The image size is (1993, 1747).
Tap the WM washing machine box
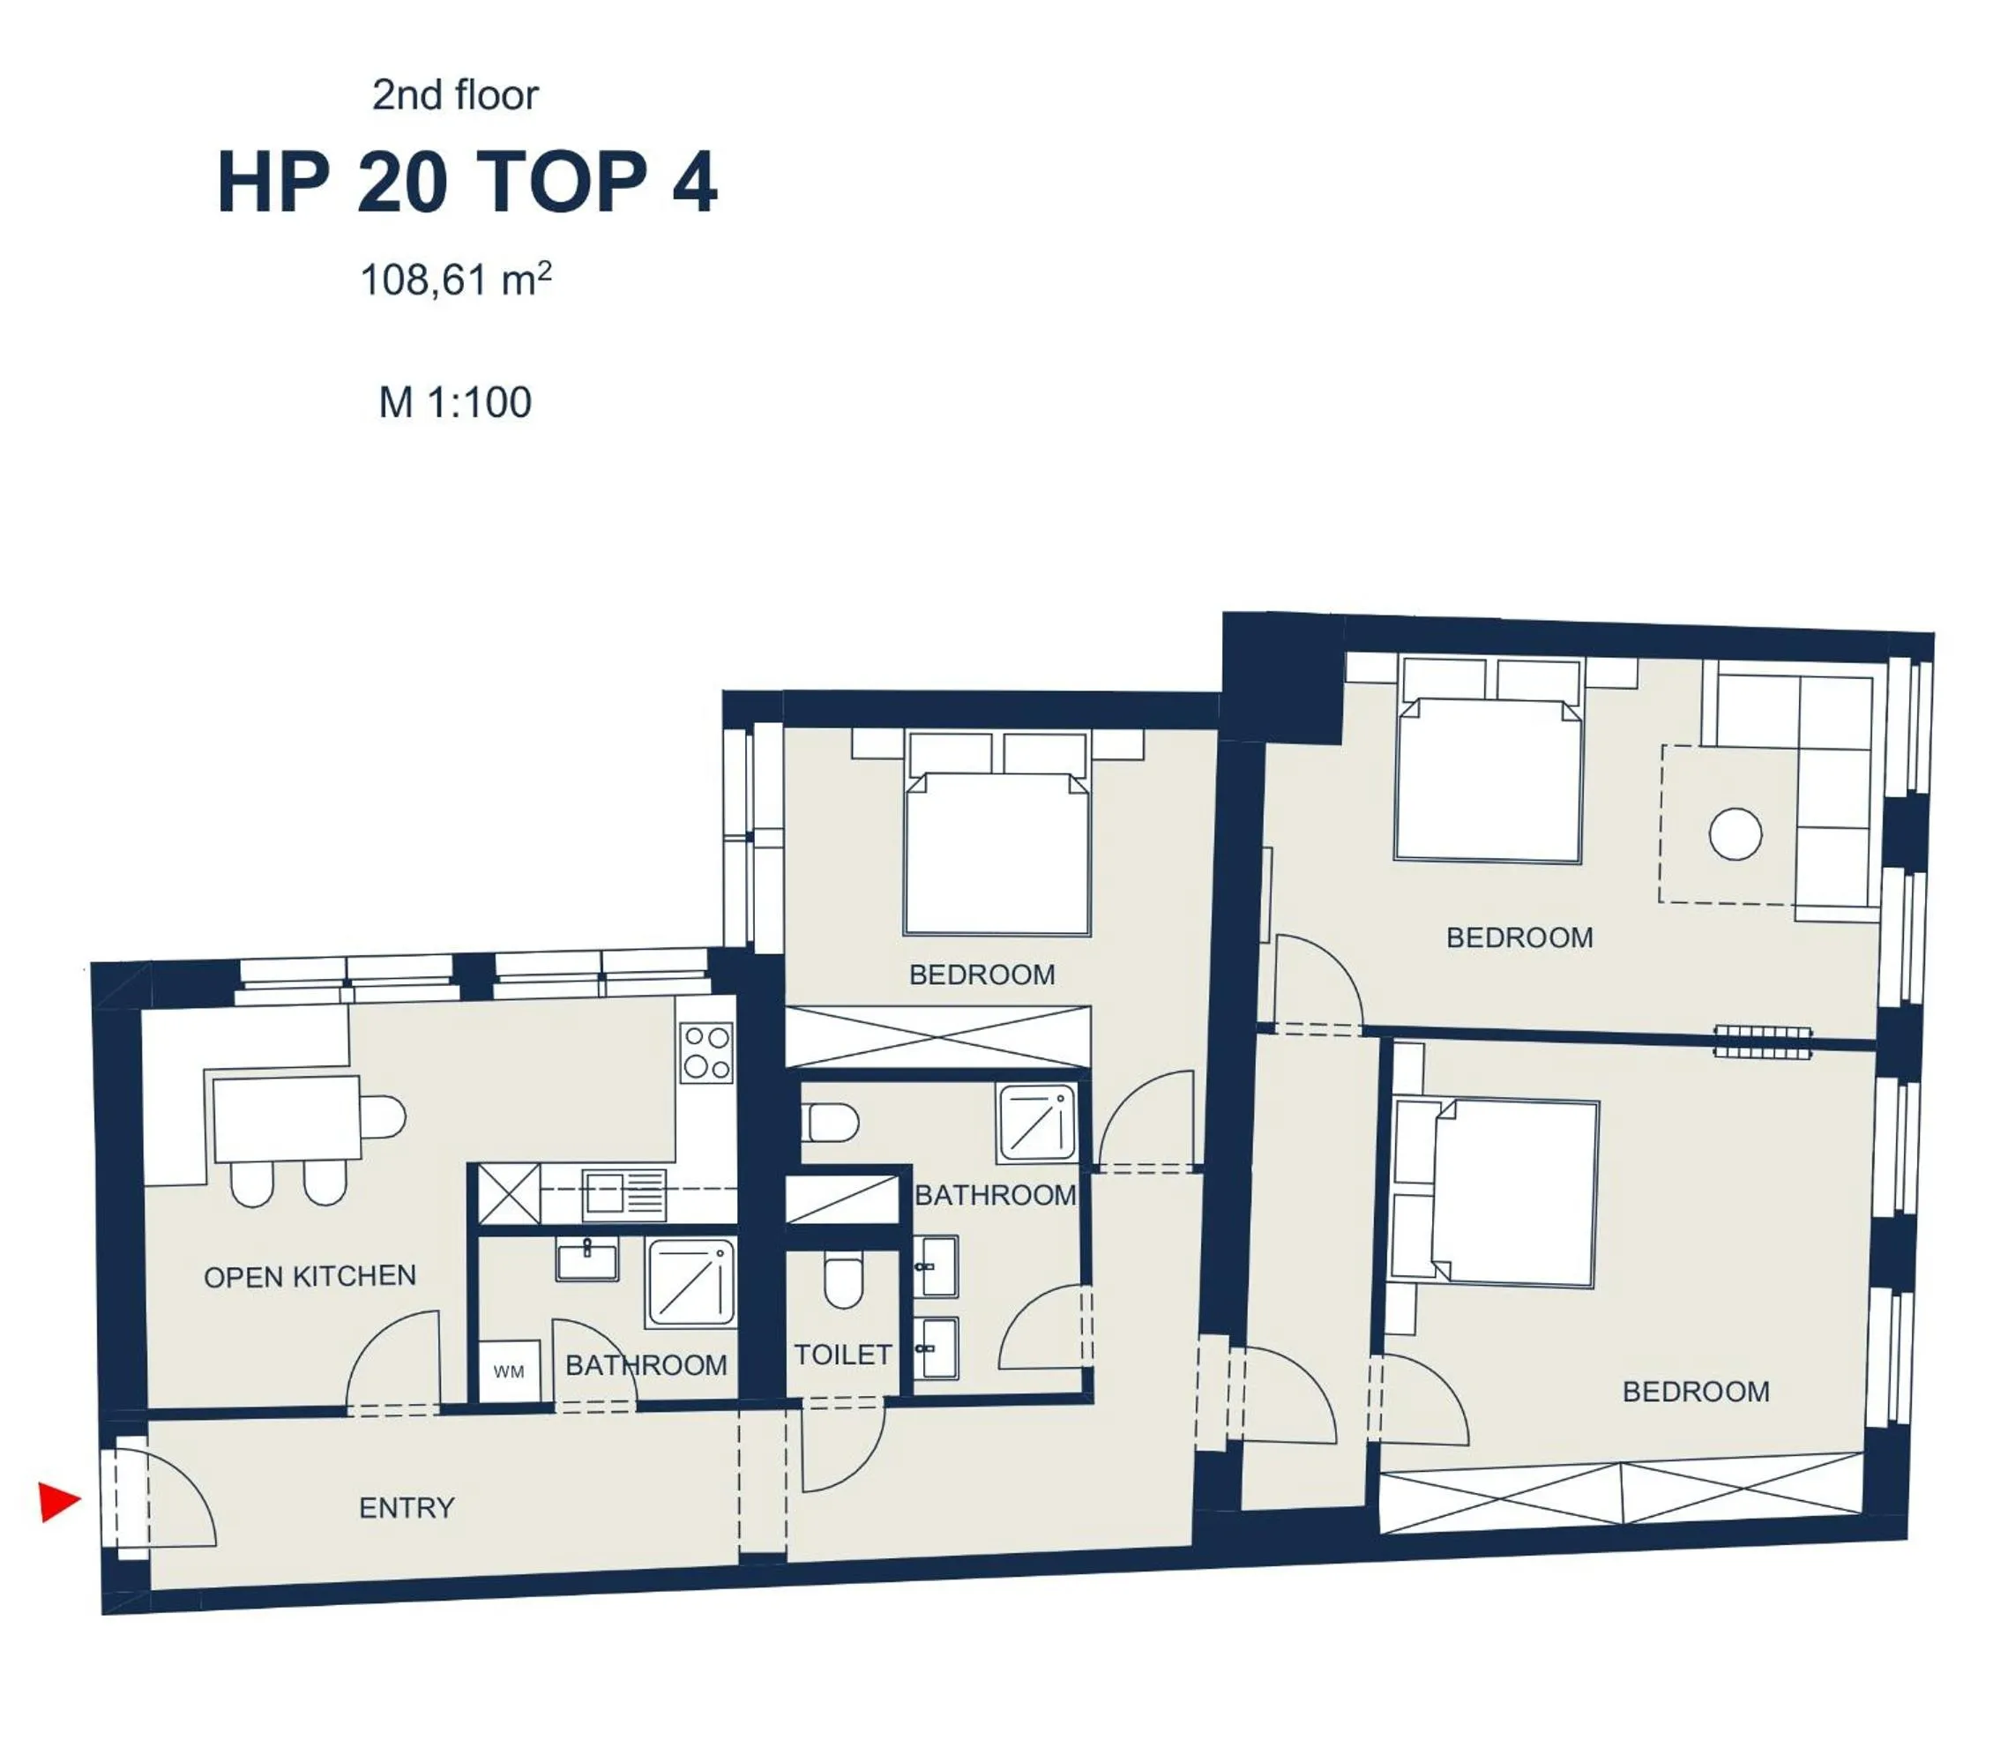tap(509, 1371)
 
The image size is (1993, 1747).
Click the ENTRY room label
tap(407, 1508)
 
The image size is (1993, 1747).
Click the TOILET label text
tap(842, 1354)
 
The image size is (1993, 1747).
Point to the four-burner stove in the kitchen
tap(707, 1052)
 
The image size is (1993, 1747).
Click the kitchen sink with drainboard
tap(624, 1194)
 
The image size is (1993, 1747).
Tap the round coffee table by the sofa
tap(1735, 833)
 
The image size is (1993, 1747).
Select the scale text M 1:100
tap(454, 401)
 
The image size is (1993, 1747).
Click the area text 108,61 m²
tap(455, 280)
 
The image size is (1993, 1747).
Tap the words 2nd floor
tap(454, 94)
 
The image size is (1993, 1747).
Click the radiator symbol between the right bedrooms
tap(1763, 1042)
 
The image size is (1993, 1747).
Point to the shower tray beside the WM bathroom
tap(690, 1282)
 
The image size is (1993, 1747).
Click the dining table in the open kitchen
tap(286, 1118)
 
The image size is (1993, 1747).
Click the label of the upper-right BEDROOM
tap(1519, 937)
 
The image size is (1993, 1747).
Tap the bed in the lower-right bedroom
tap(1516, 1193)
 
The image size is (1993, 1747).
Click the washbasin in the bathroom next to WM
tap(587, 1260)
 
